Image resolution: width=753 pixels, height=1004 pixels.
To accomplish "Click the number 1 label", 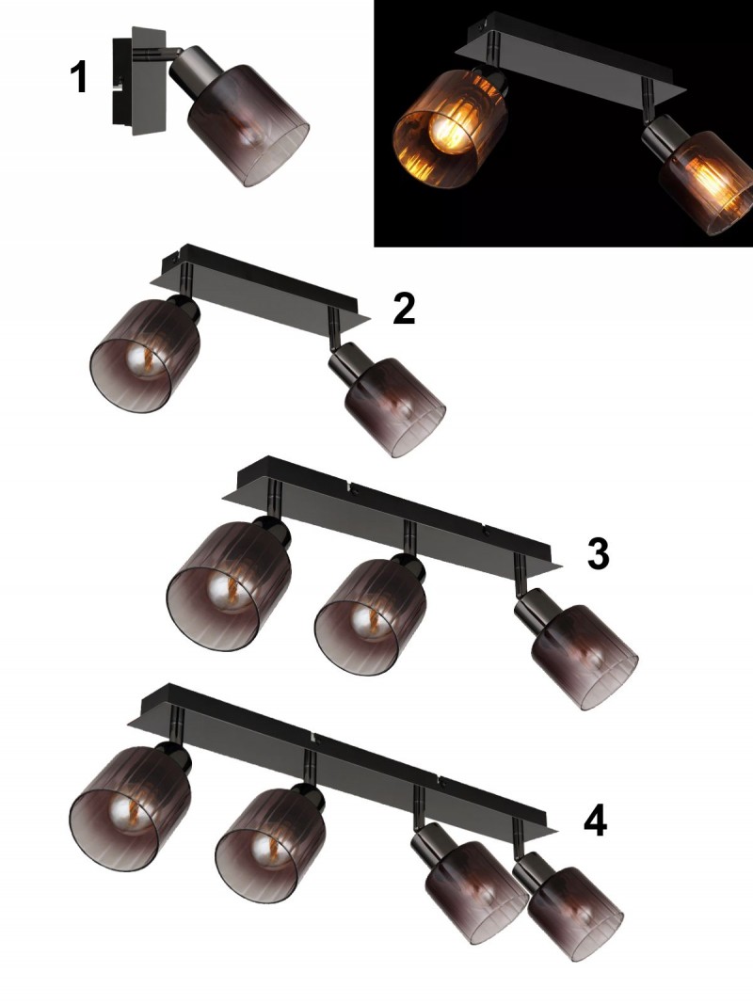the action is (x=78, y=77).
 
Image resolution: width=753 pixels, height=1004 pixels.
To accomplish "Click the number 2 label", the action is (x=404, y=309).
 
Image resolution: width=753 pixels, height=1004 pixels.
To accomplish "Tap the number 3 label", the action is (x=598, y=553).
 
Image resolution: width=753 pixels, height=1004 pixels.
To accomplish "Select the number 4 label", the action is (x=596, y=821).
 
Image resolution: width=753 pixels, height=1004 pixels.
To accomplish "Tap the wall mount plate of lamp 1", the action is (x=137, y=81).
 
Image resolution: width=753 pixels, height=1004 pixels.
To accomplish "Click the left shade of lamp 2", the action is (x=144, y=356).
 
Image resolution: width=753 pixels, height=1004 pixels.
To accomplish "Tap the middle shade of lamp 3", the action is (x=370, y=615).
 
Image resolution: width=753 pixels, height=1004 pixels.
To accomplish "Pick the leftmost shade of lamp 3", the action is (x=229, y=586).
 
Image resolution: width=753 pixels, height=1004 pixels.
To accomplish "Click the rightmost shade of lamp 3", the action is (x=585, y=657).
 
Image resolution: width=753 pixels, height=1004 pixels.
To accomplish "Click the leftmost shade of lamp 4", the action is (x=129, y=808).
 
